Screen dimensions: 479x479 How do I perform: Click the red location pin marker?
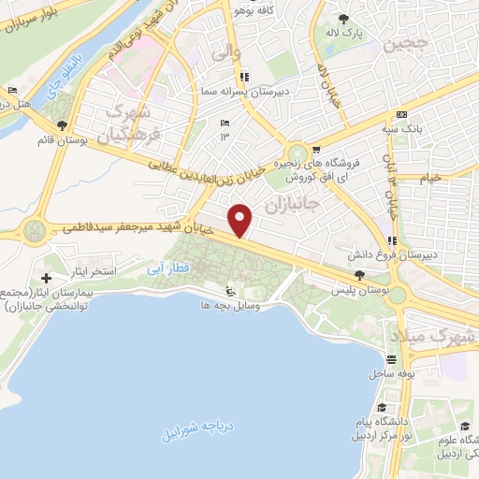coord(241,219)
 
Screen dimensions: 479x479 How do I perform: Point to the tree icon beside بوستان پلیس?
coord(360,274)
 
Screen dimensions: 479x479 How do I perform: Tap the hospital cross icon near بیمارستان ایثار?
coord(46,278)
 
